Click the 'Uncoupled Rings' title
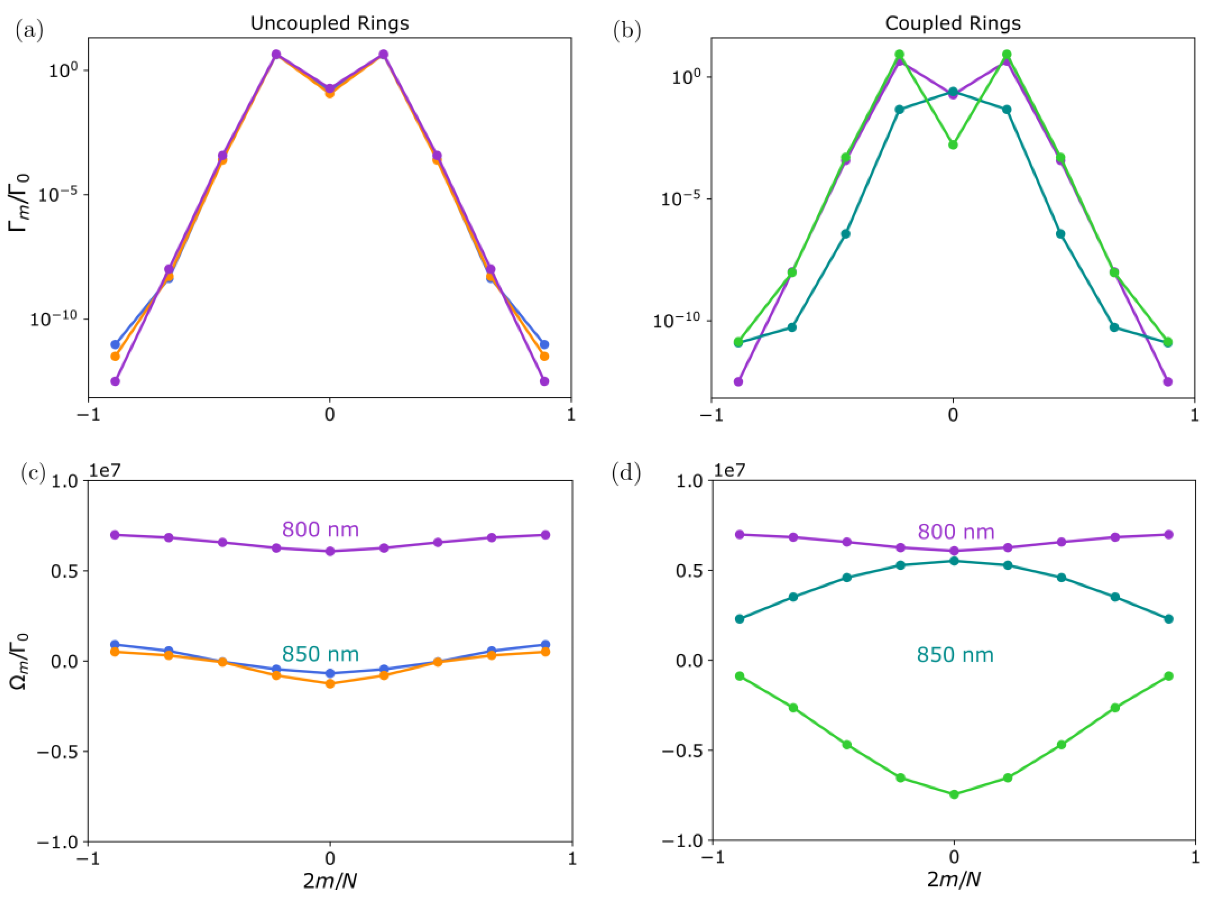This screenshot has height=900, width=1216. pos(329,24)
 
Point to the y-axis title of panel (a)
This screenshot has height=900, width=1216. pos(20,203)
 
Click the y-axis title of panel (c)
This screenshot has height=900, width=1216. pos(20,661)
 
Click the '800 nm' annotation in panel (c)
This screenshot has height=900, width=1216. pos(320,530)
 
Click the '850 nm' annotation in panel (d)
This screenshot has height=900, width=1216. pos(955,654)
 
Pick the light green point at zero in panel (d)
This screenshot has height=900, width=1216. pos(953,794)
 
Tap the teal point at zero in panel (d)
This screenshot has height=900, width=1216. pos(953,561)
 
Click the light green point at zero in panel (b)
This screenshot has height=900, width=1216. pos(953,145)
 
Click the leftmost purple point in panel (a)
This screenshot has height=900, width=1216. pos(115,381)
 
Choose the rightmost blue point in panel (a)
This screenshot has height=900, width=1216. pos(544,344)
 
